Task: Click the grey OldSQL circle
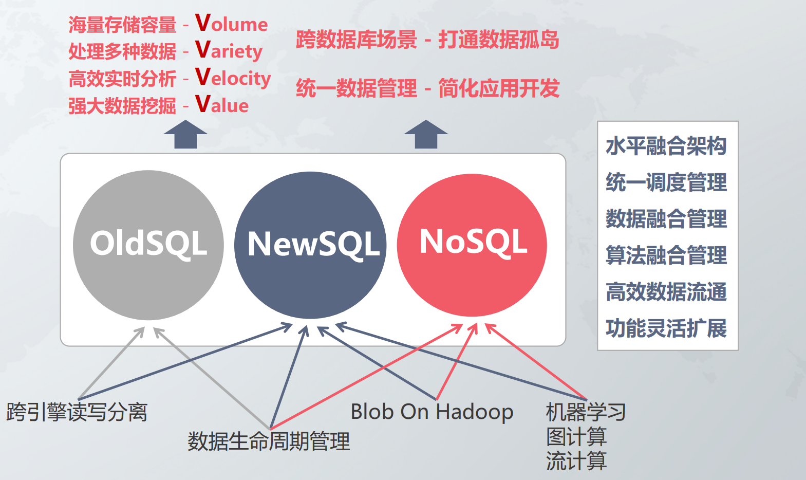click(x=148, y=245)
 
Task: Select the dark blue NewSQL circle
click(x=310, y=245)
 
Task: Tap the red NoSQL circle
click(x=472, y=245)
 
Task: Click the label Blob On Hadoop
click(x=432, y=412)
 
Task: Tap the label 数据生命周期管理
click(x=269, y=441)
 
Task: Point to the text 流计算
click(x=576, y=460)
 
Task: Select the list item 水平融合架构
click(x=666, y=146)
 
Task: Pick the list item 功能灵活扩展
click(x=666, y=328)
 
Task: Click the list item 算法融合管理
click(x=666, y=255)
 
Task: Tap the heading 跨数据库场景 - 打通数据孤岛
click(x=427, y=40)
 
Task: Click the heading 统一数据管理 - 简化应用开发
click(x=427, y=88)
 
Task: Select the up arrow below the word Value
click(x=185, y=135)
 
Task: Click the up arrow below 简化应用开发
click(x=426, y=135)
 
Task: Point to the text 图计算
click(x=576, y=437)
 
